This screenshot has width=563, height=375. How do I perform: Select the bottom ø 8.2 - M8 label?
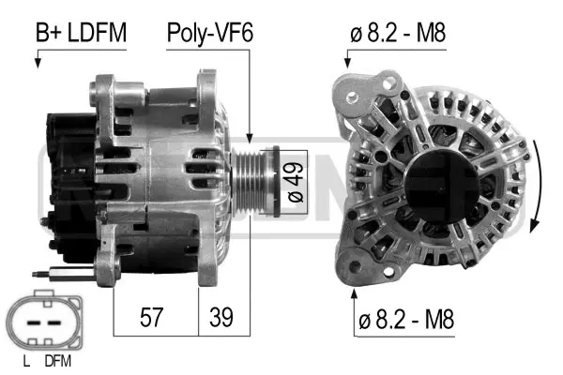403,319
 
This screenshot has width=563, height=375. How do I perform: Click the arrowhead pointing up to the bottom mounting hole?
355,294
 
